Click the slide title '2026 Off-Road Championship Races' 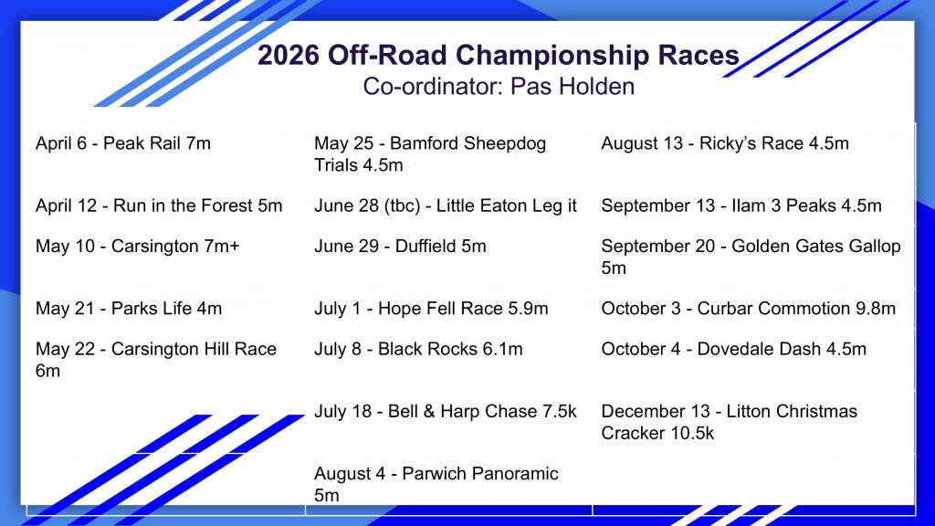pyautogui.click(x=499, y=55)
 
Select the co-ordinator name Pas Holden pyautogui.click(x=573, y=87)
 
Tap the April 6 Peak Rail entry pyautogui.click(x=123, y=143)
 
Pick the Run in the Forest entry pyautogui.click(x=159, y=205)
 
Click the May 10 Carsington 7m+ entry pyautogui.click(x=137, y=247)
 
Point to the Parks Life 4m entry pyautogui.click(x=128, y=309)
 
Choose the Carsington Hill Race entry pyautogui.click(x=155, y=360)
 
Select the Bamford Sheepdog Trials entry pyautogui.click(x=430, y=153)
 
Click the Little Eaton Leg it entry pyautogui.click(x=446, y=205)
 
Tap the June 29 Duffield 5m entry pyautogui.click(x=400, y=247)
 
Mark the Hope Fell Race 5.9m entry pyautogui.click(x=431, y=309)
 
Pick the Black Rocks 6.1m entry pyautogui.click(x=418, y=349)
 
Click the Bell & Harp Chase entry pyautogui.click(x=446, y=412)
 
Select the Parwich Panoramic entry pyautogui.click(x=436, y=484)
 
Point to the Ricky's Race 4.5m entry pyautogui.click(x=725, y=143)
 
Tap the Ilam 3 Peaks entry pyautogui.click(x=741, y=205)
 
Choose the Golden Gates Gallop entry pyautogui.click(x=751, y=257)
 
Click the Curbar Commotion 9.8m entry pyautogui.click(x=749, y=309)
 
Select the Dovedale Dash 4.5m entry pyautogui.click(x=733, y=349)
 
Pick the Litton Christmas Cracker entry pyautogui.click(x=730, y=422)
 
